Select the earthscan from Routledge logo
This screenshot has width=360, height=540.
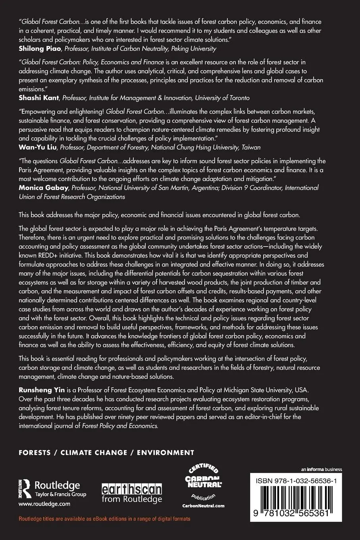tap(132, 493)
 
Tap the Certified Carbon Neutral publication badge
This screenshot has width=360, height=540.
tap(203, 483)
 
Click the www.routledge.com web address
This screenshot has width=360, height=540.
tap(44, 503)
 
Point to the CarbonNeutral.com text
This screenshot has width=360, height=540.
tap(203, 505)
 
